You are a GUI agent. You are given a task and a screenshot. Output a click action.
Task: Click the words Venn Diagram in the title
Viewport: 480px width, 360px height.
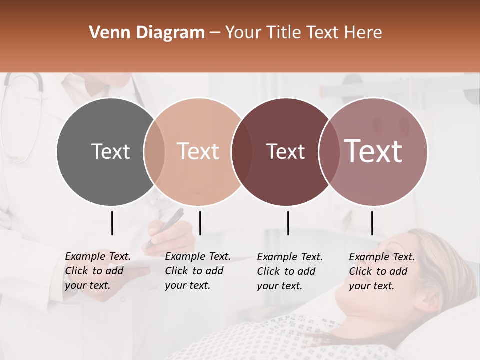point(147,33)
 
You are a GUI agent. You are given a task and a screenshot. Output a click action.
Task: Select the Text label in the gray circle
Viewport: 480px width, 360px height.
point(110,151)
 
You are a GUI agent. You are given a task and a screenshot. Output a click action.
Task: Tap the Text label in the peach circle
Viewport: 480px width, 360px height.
point(198,151)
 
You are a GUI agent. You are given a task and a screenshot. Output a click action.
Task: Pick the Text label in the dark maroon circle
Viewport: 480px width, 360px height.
point(285,151)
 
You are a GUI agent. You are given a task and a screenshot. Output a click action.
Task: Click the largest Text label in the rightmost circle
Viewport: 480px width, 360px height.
point(373,151)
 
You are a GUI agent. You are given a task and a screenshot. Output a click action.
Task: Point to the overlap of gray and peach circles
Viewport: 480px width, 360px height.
point(154,151)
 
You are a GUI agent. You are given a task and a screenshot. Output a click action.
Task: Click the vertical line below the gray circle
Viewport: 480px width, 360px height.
point(112,223)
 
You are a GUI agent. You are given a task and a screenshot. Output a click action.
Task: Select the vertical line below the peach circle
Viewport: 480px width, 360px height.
point(200,223)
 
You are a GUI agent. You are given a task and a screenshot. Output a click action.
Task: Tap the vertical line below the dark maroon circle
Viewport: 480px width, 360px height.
point(288,223)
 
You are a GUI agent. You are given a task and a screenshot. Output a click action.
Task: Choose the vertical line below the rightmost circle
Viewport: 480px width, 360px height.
point(372,223)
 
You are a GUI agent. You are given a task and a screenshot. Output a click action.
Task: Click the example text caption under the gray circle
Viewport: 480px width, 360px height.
point(98,271)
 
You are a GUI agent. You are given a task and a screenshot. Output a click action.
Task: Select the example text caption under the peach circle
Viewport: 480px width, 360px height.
point(198,271)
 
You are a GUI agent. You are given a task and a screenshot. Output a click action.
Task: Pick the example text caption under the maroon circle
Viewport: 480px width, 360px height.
point(290,271)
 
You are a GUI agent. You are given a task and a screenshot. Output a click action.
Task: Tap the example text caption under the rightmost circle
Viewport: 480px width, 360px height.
point(382,271)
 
